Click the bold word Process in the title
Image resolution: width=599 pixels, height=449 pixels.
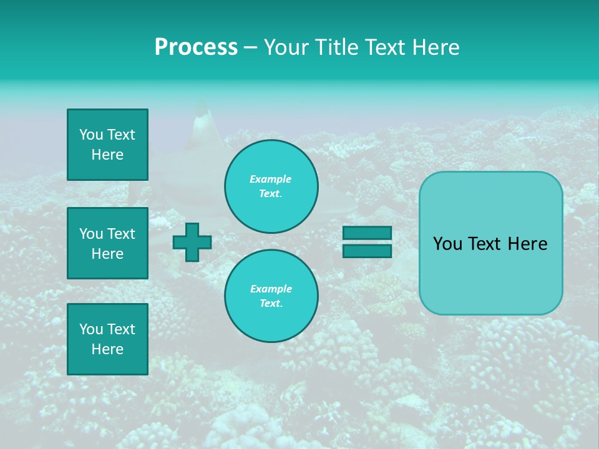pos(196,47)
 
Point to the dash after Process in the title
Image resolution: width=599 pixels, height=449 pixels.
pos(250,48)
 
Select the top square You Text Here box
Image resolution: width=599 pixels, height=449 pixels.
pos(107,145)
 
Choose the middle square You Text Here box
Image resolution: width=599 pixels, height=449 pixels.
pos(107,243)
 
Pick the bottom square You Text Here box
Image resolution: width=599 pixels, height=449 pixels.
pos(107,339)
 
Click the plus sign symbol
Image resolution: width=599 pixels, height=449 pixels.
pos(192,243)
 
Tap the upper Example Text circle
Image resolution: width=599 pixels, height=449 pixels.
pos(271,186)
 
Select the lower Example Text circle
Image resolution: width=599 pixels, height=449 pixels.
pos(271,296)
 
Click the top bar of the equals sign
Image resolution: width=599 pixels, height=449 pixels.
pos(367,233)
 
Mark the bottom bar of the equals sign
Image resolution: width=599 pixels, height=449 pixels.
pos(367,251)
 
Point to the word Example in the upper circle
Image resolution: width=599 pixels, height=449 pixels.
pos(271,179)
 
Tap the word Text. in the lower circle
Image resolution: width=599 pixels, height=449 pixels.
pos(271,303)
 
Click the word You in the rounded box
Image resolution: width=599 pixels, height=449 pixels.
pos(448,244)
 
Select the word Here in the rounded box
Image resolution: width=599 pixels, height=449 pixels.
pos(528,244)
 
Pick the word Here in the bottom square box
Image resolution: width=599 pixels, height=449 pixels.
pos(107,349)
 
